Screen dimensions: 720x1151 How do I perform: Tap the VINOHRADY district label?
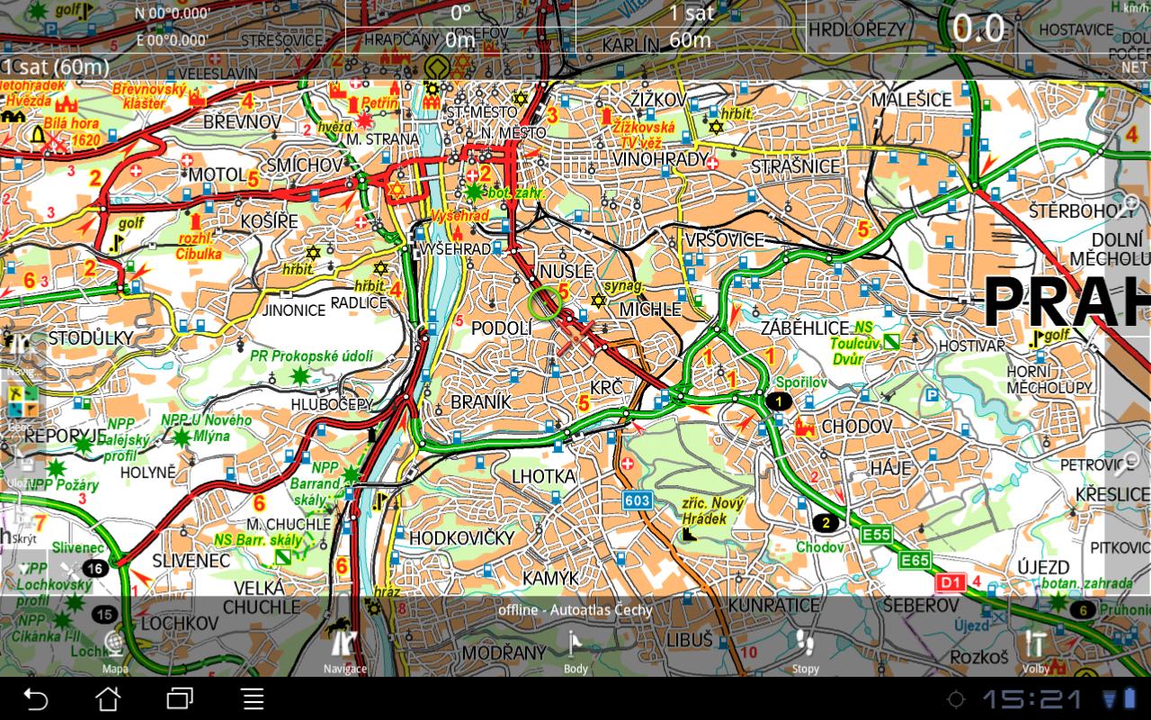coord(660,159)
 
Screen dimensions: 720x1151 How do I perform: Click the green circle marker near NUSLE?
coord(544,303)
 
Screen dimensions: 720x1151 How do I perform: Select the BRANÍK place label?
coord(480,402)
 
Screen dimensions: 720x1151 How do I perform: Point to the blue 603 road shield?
coord(637,500)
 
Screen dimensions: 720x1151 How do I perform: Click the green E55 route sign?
coord(876,535)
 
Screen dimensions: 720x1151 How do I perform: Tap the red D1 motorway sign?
coord(950,582)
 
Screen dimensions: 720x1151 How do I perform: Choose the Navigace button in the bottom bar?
coord(344,650)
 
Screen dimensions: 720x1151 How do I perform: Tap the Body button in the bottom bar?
coord(575,650)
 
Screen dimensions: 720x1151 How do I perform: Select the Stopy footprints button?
coord(805,650)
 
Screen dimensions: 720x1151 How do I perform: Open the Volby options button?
coord(1035,650)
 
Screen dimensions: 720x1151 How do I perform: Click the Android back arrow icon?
coord(35,698)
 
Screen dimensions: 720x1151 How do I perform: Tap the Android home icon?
coord(108,698)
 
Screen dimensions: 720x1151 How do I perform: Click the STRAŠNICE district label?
coord(795,166)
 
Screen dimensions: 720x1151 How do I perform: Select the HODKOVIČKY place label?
coord(461,537)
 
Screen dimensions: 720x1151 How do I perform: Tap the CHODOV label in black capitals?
coord(856,426)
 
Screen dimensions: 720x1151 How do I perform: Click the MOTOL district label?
coord(216,174)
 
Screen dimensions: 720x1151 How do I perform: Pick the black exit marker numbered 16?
coord(94,568)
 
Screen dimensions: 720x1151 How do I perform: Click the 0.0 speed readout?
coord(978,29)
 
